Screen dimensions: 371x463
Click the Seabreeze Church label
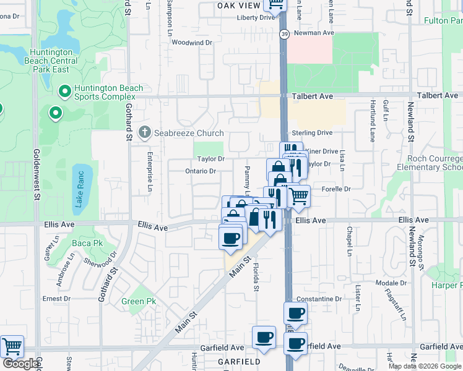click(x=189, y=133)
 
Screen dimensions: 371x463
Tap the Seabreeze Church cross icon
click(x=145, y=132)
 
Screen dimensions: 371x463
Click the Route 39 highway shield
click(x=283, y=34)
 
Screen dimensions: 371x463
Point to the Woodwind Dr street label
click(x=192, y=43)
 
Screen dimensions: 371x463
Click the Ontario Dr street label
click(x=201, y=171)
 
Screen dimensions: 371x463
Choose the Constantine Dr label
click(x=320, y=299)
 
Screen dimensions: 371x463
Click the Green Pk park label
click(x=139, y=301)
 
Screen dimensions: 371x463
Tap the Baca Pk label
click(x=87, y=243)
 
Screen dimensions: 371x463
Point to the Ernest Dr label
click(x=56, y=298)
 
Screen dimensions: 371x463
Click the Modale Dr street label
click(x=391, y=283)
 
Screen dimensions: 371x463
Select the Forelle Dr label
click(x=336, y=189)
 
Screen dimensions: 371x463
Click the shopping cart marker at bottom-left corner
click(x=12, y=346)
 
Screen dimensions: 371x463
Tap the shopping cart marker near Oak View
click(x=275, y=5)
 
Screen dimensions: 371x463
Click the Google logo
click(x=20, y=364)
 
